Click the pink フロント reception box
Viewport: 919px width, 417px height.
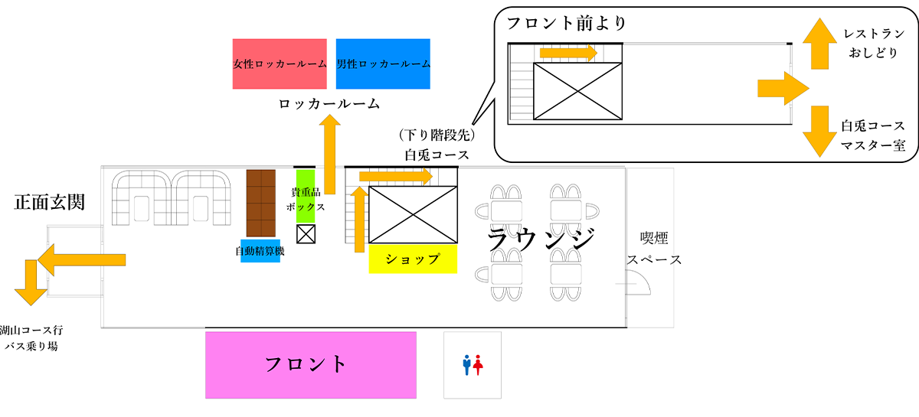tap(310, 364)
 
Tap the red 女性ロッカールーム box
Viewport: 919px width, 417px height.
tap(280, 64)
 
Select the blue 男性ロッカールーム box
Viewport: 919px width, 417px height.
tap(383, 64)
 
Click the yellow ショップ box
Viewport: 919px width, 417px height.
tap(413, 259)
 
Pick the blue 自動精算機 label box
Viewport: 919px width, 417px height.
tap(260, 251)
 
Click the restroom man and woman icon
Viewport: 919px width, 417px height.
tap(472, 365)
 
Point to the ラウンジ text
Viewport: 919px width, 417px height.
tap(541, 240)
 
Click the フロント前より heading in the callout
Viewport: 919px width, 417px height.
tap(561, 23)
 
